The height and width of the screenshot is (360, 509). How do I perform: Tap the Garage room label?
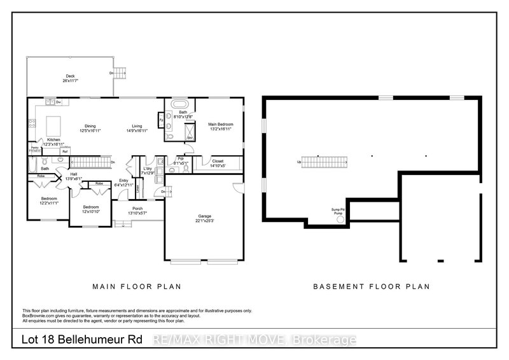click(204, 218)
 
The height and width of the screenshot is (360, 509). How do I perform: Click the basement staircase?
click(325, 162)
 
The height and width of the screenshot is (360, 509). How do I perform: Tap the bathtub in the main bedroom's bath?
click(182, 104)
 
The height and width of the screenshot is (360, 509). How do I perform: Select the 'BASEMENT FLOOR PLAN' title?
click(371, 287)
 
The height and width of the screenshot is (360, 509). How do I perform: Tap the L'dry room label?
click(148, 170)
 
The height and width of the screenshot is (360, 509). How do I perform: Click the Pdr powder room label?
click(181, 160)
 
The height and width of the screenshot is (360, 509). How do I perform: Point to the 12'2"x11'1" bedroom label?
click(50, 200)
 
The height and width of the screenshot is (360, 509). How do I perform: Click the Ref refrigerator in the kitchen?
click(64, 151)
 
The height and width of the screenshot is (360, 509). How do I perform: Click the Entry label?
click(125, 183)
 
